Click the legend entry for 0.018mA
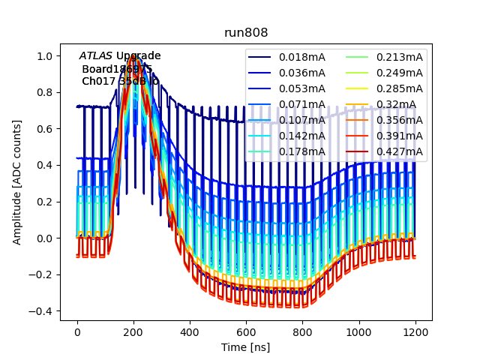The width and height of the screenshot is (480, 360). (302, 57)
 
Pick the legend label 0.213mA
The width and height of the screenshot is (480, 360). (400, 57)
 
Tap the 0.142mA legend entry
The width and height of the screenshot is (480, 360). (302, 136)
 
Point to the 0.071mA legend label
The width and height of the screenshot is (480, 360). (302, 104)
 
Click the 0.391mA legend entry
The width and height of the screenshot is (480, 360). (400, 136)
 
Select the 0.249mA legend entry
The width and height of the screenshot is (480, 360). (400, 73)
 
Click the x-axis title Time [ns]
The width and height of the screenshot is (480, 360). (246, 347)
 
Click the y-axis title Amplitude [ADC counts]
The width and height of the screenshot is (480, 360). (16, 182)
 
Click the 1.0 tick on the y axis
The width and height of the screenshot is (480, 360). (46, 55)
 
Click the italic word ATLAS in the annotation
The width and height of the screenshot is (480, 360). (96, 56)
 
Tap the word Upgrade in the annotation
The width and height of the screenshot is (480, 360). (138, 56)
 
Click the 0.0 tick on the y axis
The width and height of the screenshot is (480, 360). (46, 238)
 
